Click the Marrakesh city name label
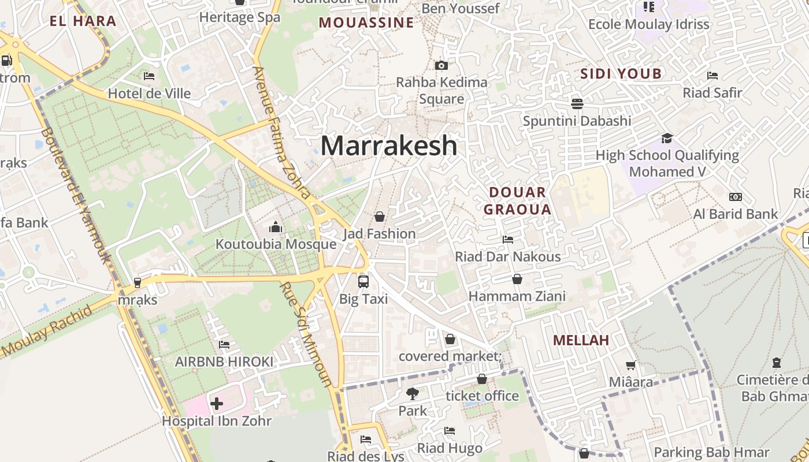388,146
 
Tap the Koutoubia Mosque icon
276,227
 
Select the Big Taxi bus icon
363,281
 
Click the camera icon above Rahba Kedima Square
441,65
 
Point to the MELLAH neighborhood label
581,340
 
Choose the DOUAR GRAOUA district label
517,200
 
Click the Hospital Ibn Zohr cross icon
217,403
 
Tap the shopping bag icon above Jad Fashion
380,217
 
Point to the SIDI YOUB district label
621,74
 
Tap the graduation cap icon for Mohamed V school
667,138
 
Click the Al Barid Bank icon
735,197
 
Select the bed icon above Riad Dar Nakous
508,239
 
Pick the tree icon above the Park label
413,394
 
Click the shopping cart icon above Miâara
631,365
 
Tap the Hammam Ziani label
517,296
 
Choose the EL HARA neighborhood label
83,22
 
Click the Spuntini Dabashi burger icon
577,104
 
